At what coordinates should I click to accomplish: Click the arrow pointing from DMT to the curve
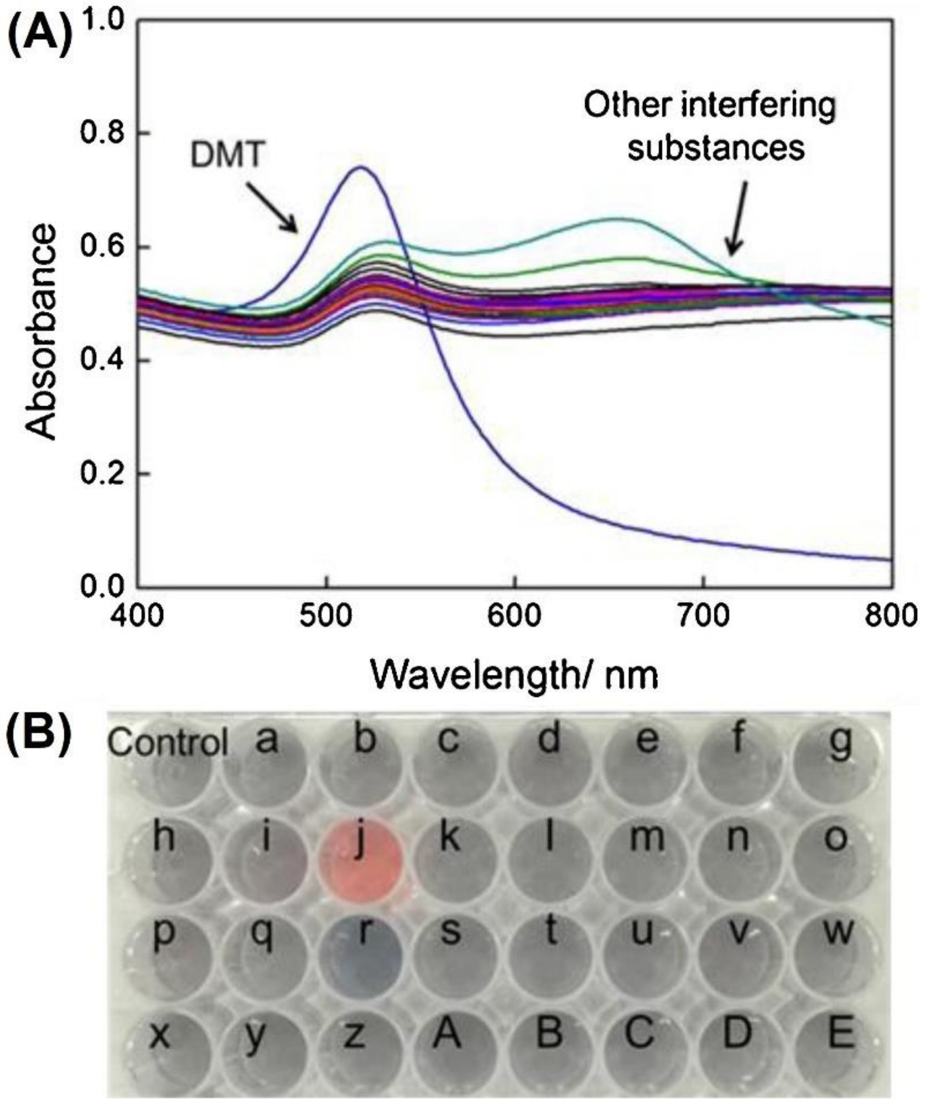tap(271, 206)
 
